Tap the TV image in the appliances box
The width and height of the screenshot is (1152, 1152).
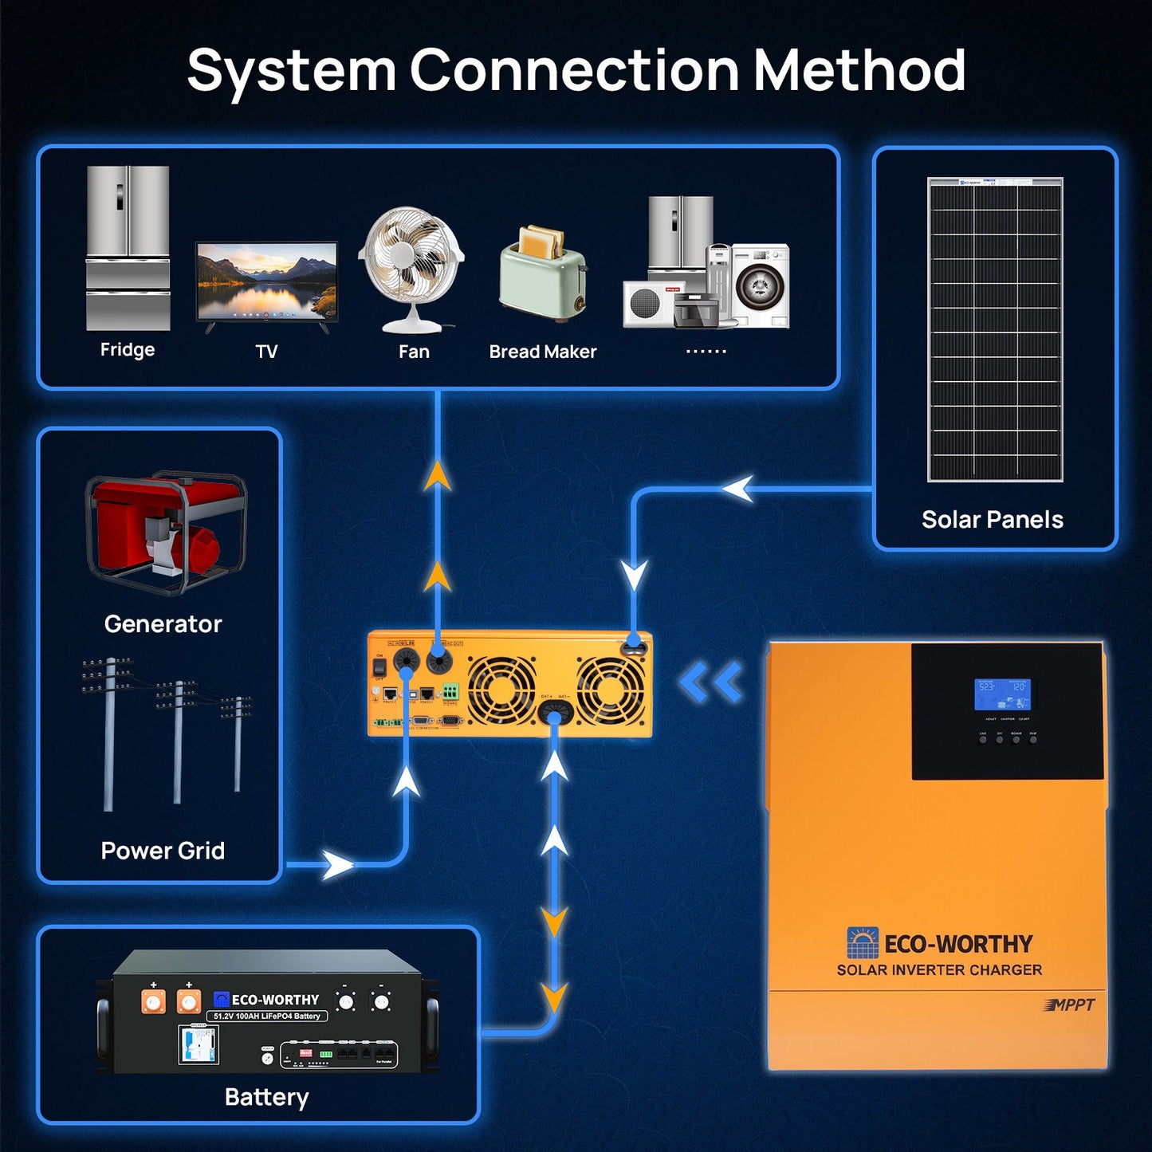(x=267, y=283)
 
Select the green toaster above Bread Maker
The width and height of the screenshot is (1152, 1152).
(x=543, y=273)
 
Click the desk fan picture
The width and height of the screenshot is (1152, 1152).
(x=411, y=268)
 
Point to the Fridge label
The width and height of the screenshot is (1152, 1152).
(x=128, y=349)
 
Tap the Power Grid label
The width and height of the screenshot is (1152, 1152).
(x=163, y=851)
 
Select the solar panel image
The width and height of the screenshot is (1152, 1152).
(x=995, y=329)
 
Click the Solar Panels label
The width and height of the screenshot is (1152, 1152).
(x=993, y=520)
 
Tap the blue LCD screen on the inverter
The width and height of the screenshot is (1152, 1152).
(x=1002, y=694)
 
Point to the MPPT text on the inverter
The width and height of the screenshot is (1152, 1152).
(x=1070, y=1005)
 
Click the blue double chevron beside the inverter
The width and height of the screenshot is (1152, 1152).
(x=711, y=683)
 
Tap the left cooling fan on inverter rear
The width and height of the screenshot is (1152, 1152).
(x=501, y=690)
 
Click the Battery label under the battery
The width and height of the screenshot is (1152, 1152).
(x=266, y=1097)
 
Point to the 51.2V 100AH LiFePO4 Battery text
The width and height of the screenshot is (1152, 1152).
(x=267, y=1016)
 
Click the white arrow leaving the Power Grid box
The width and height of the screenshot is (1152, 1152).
(x=337, y=864)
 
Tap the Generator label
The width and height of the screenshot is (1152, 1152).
(x=163, y=623)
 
